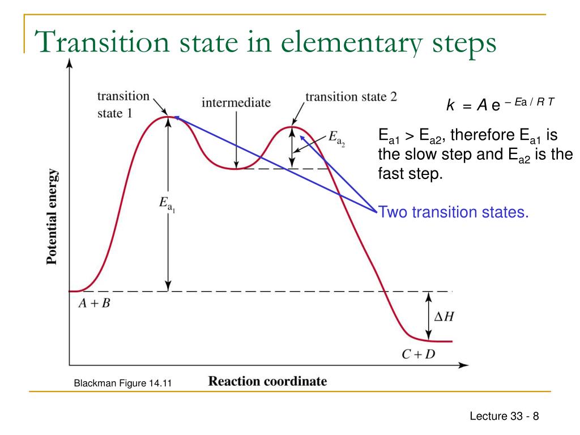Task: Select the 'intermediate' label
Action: click(x=236, y=103)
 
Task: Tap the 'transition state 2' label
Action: click(x=351, y=96)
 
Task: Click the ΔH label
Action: click(x=443, y=317)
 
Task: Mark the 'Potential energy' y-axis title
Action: click(x=52, y=217)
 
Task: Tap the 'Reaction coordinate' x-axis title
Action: click(x=267, y=381)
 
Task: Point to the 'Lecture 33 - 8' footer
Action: click(x=504, y=417)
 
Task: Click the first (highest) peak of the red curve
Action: click(x=168, y=117)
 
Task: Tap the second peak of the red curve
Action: click(x=292, y=127)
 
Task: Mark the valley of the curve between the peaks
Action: click(x=236, y=169)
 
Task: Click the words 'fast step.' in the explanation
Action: click(x=410, y=173)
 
